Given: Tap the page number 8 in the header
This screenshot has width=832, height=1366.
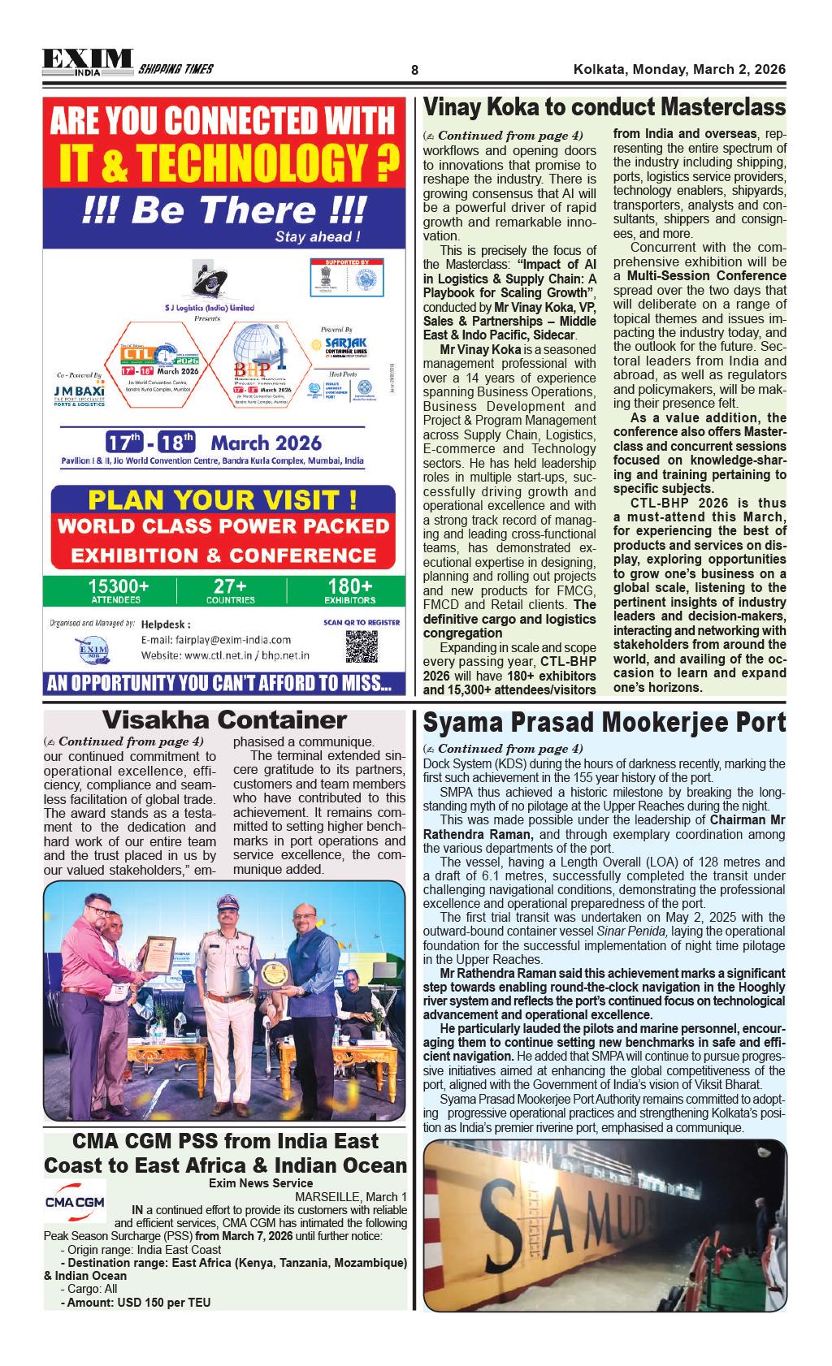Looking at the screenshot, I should coord(414,70).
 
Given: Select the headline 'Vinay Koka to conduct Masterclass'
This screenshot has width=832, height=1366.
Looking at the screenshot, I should coord(604,107).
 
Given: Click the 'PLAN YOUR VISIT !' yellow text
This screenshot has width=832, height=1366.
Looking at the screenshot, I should coord(222,499).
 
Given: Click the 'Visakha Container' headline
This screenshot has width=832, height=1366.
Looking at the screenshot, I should coord(224,720).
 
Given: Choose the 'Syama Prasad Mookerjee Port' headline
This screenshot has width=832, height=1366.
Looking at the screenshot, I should coord(604,722).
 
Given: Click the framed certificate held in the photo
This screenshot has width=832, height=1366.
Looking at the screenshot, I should coord(161,964).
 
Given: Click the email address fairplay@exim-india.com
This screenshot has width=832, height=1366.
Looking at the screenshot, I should coord(216,639).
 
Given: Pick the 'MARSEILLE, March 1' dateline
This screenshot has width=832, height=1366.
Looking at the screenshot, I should coord(351,1197).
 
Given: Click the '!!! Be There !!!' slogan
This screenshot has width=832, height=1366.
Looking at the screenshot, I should coord(223,210).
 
